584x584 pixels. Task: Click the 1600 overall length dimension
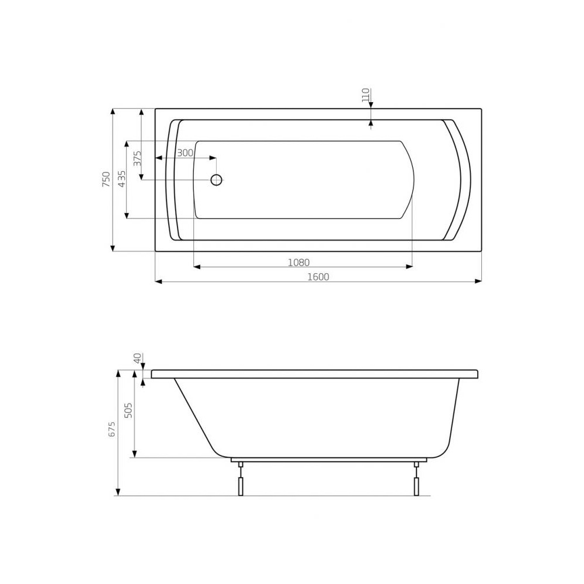tap(318, 277)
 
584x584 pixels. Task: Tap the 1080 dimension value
tap(298, 263)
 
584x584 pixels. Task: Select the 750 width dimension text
tap(106, 179)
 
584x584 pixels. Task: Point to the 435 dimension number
tap(122, 179)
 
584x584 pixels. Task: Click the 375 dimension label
tap(137, 158)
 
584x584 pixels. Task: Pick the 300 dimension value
tap(185, 152)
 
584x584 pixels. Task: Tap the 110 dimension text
tap(366, 95)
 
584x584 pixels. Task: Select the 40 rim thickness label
tap(138, 359)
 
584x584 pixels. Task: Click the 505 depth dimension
tap(128, 410)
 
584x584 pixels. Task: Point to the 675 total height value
tap(112, 429)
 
